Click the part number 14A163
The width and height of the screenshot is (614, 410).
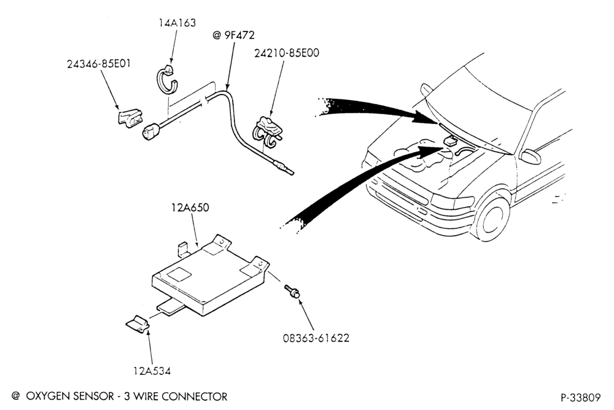point(177,23)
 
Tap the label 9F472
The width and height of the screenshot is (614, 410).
point(239,35)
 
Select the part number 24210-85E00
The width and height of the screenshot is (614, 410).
point(287,53)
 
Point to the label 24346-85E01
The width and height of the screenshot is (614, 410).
point(99,63)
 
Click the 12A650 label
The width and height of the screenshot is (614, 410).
point(190,207)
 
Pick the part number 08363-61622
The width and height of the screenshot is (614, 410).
point(316,338)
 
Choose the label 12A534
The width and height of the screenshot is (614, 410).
point(152,371)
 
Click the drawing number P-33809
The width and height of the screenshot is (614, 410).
point(580,398)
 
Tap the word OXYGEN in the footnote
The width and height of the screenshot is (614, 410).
point(48,396)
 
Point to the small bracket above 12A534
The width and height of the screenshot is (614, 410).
point(138,323)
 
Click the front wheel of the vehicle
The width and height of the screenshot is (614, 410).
point(491,219)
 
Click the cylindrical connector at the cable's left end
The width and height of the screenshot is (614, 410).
point(152,130)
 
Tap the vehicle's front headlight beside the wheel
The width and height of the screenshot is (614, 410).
point(452,202)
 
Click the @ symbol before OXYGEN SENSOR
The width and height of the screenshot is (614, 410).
point(16,396)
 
